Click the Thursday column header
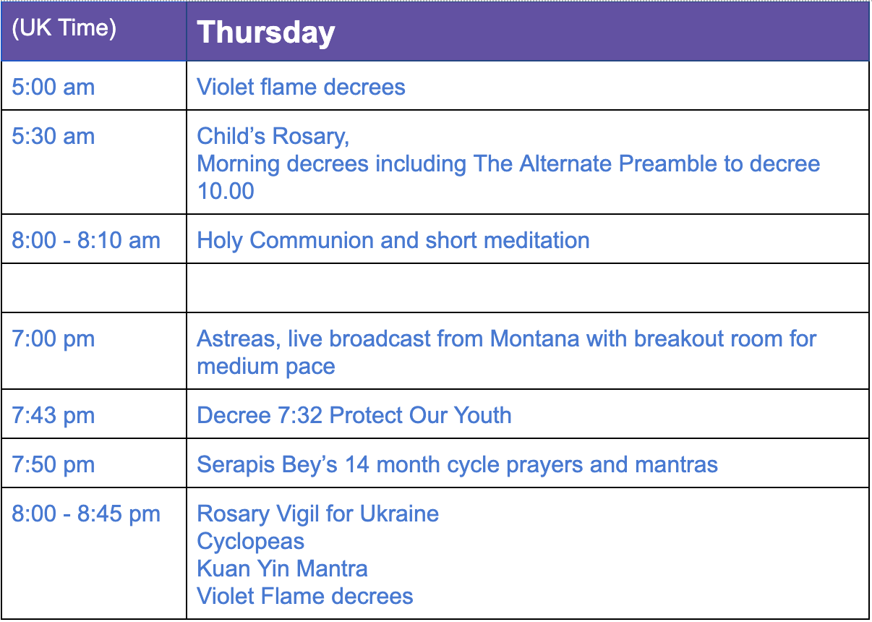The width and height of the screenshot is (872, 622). tap(266, 33)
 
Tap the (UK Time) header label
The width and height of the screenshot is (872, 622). tap(64, 28)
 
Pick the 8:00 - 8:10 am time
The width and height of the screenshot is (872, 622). tap(86, 240)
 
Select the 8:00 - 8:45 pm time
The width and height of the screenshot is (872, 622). tap(86, 514)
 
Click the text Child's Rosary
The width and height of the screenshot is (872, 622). tap(273, 137)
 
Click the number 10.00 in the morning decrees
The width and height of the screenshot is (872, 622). tap(226, 191)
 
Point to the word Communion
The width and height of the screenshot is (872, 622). tap(312, 240)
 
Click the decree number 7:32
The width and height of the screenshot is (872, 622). tap(300, 415)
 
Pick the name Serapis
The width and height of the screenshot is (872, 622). tap(236, 465)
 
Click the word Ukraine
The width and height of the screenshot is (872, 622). tap(399, 514)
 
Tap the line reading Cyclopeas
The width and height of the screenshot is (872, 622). tap(251, 542)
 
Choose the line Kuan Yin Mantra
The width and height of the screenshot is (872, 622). tap(282, 568)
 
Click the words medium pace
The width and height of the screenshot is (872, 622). tap(266, 367)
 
